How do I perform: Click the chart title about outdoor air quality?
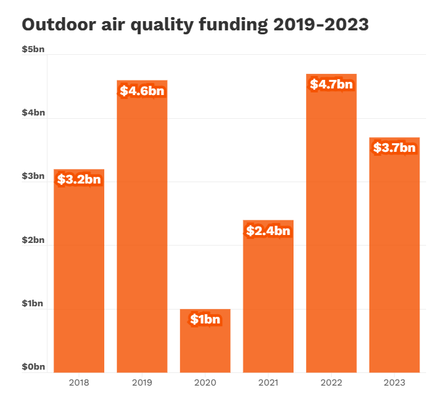tap(195, 24)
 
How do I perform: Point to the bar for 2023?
tap(394, 264)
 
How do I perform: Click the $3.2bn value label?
tap(79, 179)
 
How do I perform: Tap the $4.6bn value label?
tap(142, 90)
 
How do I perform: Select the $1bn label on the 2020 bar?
tap(205, 320)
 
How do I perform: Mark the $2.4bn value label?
tap(268, 230)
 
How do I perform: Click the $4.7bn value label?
tap(331, 84)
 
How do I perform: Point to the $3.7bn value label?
tap(394, 147)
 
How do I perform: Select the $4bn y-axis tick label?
tap(32, 113)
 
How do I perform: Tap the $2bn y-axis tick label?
tap(32, 240)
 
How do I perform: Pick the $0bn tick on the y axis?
tap(32, 366)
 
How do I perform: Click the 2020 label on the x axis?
tap(205, 382)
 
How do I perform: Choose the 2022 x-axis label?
tap(331, 382)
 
